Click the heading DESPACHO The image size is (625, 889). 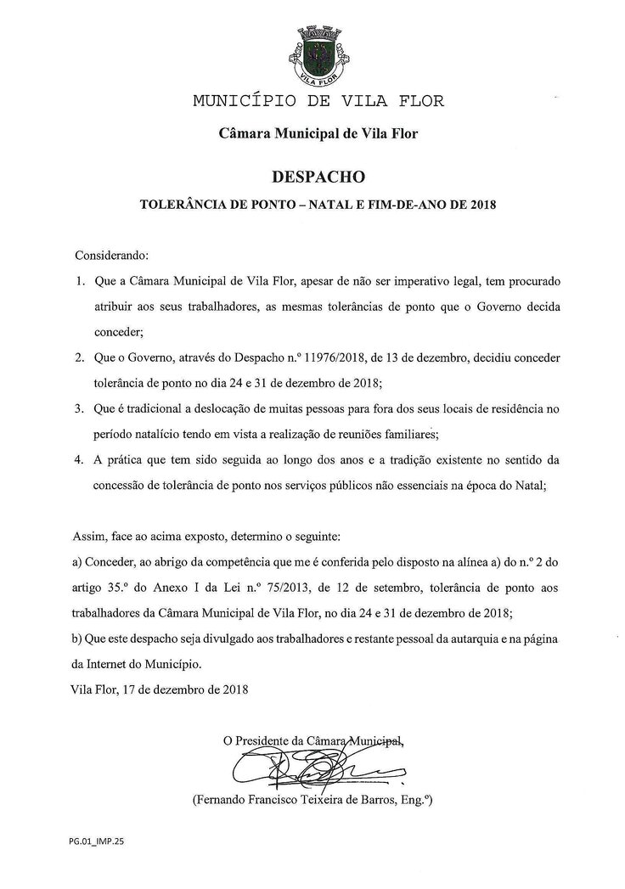click(x=319, y=177)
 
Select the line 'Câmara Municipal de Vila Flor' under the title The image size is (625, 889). click(x=318, y=133)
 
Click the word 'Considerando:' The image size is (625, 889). click(x=112, y=255)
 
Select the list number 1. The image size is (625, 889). click(x=81, y=279)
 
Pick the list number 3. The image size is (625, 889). click(x=81, y=410)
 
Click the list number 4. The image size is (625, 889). click(x=81, y=460)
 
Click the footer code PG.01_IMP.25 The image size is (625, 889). click(x=96, y=846)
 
